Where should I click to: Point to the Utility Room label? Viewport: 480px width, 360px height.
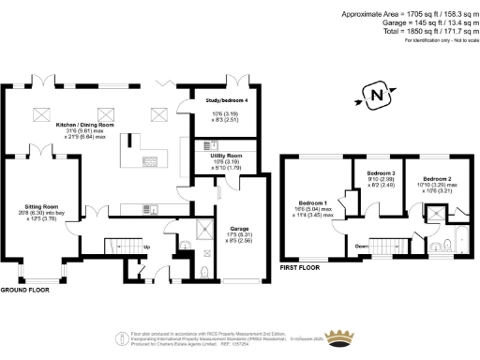(x=224, y=155)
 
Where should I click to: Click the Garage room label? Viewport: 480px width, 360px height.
(x=232, y=226)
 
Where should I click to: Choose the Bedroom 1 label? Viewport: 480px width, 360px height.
(x=312, y=202)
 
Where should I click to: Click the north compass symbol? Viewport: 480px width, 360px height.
(x=377, y=96)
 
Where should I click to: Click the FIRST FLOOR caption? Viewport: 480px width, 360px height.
(x=303, y=268)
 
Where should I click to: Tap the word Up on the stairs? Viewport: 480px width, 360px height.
(x=146, y=247)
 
